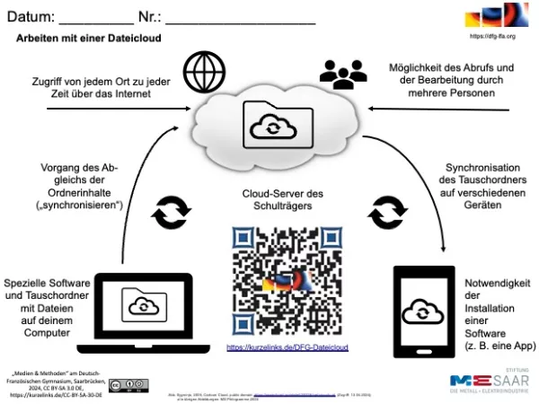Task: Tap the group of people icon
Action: coord(340,75)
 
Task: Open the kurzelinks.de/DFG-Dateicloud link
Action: coord(286,347)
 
